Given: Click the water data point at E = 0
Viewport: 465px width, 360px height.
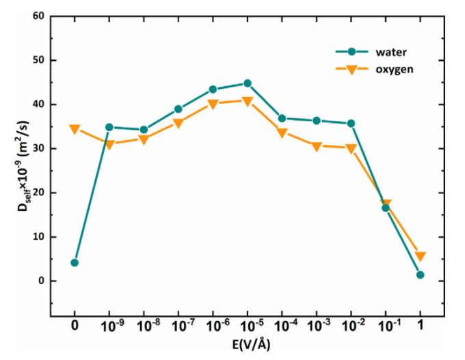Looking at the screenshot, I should pos(75,262).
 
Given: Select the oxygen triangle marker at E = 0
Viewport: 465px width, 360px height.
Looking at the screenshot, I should pos(75,129).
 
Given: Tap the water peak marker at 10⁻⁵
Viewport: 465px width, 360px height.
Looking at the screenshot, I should pos(247,83).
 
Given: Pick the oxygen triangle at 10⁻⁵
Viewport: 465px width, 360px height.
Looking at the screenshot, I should pos(247,101).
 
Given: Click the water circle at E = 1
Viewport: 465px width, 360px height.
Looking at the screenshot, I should pos(420,275).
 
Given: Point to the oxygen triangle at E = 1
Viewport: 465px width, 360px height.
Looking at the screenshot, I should pos(420,257).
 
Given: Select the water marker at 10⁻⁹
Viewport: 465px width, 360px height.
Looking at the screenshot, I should pos(109,127).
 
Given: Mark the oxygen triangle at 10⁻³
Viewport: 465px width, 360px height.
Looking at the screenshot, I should pos(317,146).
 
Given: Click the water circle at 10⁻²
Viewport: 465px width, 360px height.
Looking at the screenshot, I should pos(351,123).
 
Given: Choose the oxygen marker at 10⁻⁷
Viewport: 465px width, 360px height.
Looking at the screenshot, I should pos(178,124).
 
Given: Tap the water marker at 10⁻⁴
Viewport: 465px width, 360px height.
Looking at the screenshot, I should pos(282,118).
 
